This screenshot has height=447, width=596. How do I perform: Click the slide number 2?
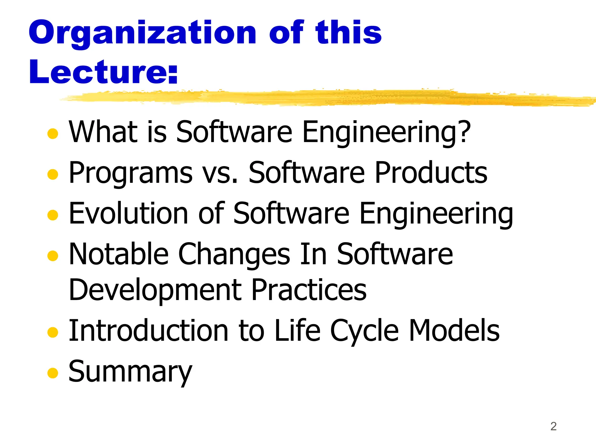coord(553,426)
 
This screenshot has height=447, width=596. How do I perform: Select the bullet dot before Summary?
coord(53,372)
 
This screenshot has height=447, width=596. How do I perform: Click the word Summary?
coord(130,372)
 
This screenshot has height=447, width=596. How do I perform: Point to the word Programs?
coord(130,174)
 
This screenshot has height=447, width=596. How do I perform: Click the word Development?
coord(155,290)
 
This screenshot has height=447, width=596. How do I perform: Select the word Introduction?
coord(148,331)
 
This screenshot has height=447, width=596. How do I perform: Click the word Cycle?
coord(364,331)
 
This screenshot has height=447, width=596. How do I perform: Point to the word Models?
coord(454,331)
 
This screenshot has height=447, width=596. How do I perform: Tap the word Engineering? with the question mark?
coord(386,132)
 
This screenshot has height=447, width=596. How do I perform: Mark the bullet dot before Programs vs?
coord(53,174)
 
